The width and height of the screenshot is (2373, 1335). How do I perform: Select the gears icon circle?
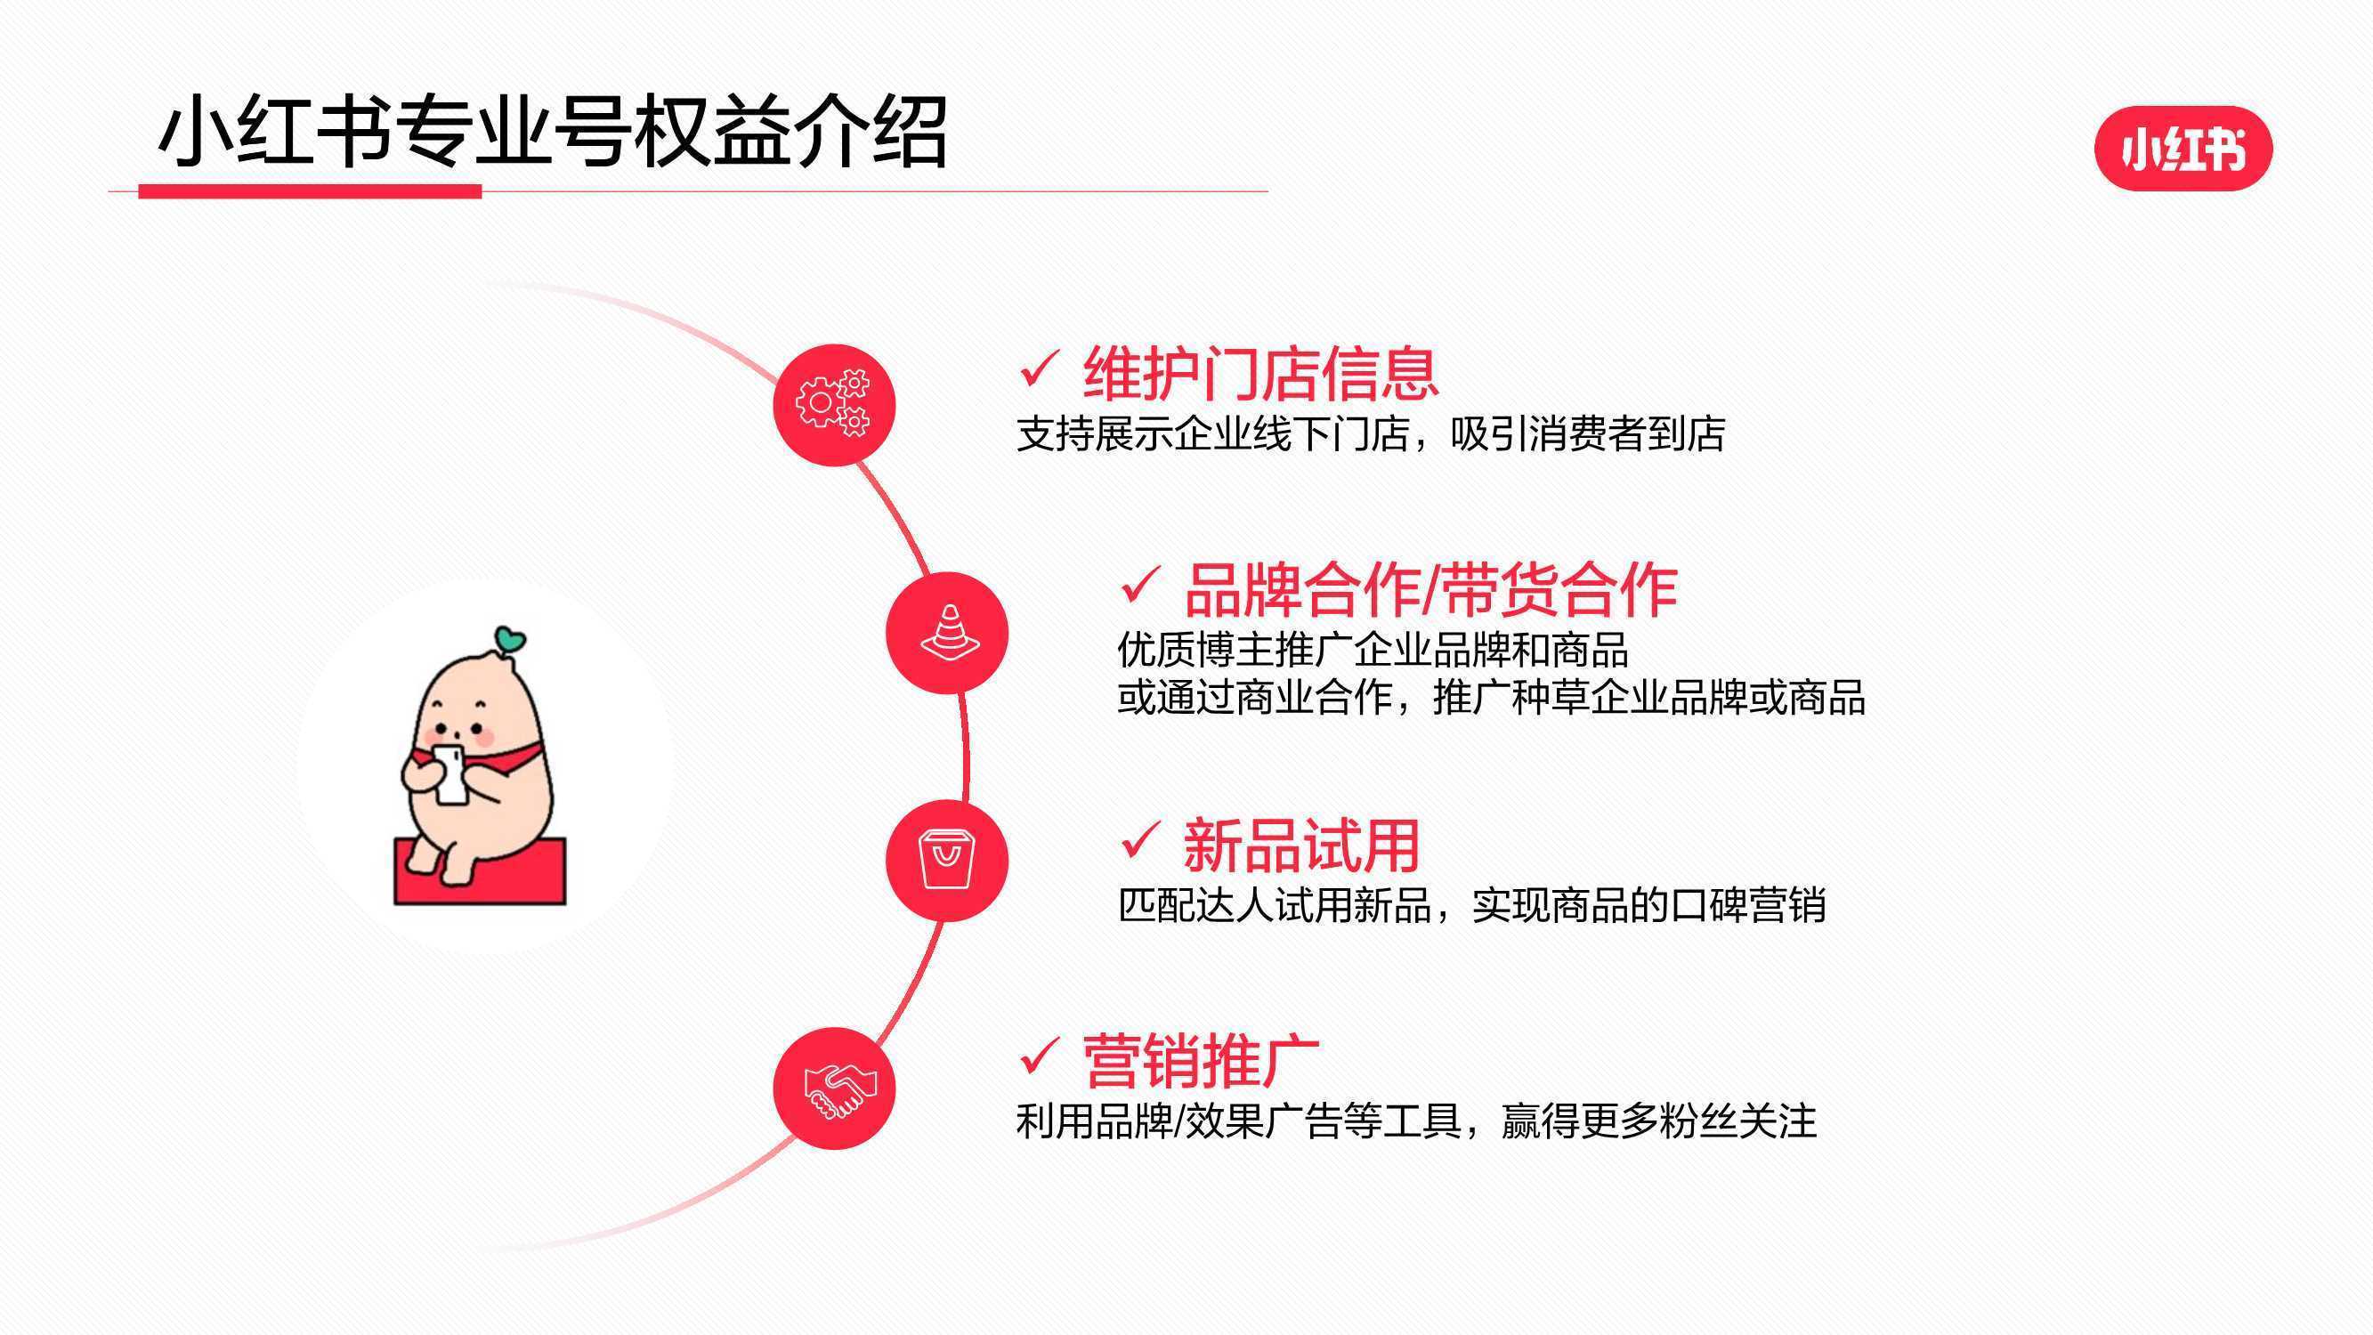pos(834,405)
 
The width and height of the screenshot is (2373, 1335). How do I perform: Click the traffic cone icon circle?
pos(947,633)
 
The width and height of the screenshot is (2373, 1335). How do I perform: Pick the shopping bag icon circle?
pos(947,861)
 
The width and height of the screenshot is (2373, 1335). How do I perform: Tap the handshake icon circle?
pos(834,1088)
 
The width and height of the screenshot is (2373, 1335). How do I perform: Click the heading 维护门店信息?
pos(1260,373)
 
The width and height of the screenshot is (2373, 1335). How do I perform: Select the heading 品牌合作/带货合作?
pos(1430,590)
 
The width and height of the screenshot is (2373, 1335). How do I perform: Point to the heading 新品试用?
pos(1300,845)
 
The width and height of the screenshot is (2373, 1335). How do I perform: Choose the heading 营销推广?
pos(1201,1062)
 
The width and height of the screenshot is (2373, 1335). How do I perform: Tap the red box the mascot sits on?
pos(480,871)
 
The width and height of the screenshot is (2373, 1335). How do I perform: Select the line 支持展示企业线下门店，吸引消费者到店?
pos(1371,434)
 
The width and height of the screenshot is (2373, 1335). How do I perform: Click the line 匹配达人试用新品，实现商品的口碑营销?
pos(1471,906)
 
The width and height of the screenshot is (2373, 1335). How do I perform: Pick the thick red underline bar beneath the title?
pos(310,190)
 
